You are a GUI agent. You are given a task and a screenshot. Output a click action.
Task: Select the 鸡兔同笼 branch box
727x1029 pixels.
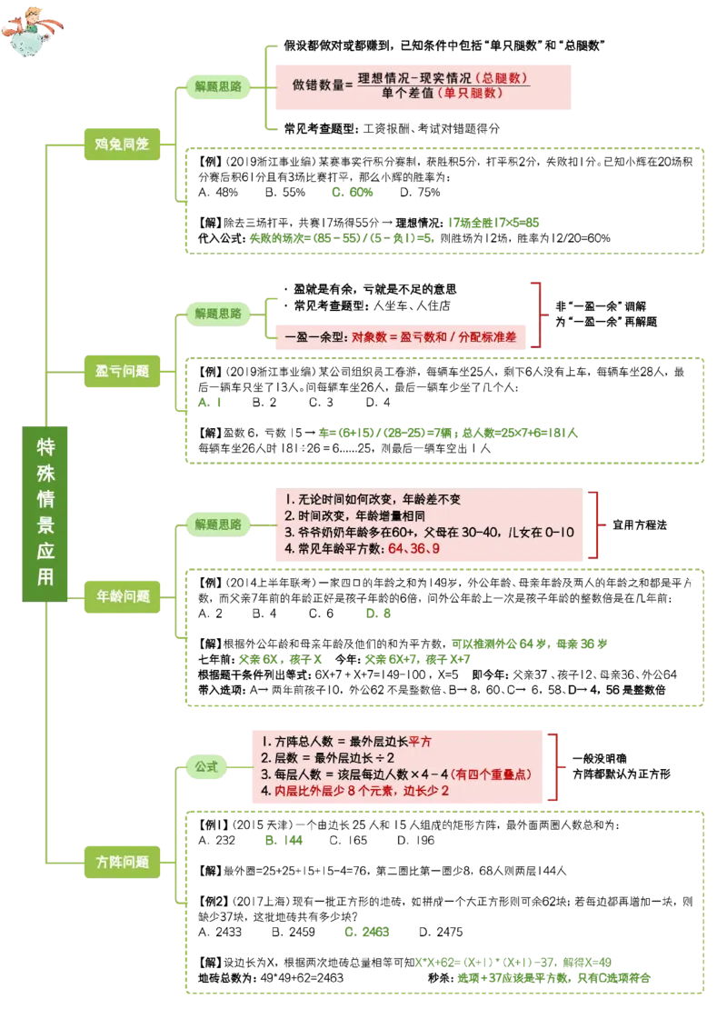pyautogui.click(x=122, y=143)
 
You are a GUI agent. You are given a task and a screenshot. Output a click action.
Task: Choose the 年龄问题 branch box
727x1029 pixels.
pyautogui.click(x=124, y=596)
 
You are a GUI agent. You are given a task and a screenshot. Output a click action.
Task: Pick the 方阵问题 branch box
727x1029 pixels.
pyautogui.click(x=123, y=861)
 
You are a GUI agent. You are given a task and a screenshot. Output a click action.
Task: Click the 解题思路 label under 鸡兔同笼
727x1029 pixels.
pyautogui.click(x=218, y=87)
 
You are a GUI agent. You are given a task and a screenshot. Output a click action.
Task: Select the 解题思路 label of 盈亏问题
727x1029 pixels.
pyautogui.click(x=218, y=314)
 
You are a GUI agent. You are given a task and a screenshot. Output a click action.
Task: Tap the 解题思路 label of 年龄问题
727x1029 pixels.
pyautogui.click(x=218, y=524)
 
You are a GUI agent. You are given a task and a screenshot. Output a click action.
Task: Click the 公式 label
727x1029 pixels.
pyautogui.click(x=206, y=766)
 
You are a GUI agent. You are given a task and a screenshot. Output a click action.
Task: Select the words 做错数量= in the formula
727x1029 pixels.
pyautogui.click(x=322, y=85)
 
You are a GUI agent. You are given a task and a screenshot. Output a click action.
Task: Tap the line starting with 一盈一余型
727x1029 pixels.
pyautogui.click(x=400, y=336)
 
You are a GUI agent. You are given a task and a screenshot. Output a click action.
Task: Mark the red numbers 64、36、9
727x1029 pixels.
pyautogui.click(x=414, y=550)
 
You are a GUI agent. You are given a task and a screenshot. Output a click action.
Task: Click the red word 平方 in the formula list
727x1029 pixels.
pyautogui.click(x=420, y=741)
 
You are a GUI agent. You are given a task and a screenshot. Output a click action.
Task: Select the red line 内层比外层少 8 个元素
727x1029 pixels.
pyautogui.click(x=362, y=791)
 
